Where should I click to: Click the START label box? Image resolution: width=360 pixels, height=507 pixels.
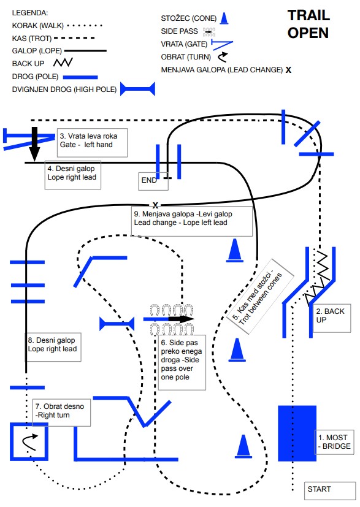[329, 490]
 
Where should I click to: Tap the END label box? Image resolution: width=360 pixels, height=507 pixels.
[153, 181]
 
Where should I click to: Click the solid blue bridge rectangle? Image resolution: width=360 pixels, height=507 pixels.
[297, 433]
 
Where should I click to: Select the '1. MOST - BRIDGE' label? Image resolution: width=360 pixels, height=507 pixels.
[334, 442]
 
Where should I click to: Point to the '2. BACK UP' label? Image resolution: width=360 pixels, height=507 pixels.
[332, 318]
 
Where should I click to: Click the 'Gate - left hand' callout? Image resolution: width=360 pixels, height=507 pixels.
[92, 143]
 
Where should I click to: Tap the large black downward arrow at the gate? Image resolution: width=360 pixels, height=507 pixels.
[34, 144]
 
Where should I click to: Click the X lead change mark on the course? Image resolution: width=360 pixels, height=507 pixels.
[155, 205]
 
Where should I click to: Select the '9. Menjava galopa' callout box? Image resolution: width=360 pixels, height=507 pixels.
[192, 221]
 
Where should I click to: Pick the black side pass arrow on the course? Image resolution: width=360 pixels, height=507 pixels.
[181, 319]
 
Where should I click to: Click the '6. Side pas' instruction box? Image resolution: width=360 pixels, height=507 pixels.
[182, 362]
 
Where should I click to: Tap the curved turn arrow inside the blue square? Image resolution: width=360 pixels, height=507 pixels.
[29, 442]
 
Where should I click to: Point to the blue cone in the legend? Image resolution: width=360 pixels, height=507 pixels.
[224, 18]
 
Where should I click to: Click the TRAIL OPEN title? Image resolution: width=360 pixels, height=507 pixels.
[308, 25]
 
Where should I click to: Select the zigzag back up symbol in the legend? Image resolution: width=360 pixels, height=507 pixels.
[63, 63]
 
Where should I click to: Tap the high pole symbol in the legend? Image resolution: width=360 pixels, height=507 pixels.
[138, 89]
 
